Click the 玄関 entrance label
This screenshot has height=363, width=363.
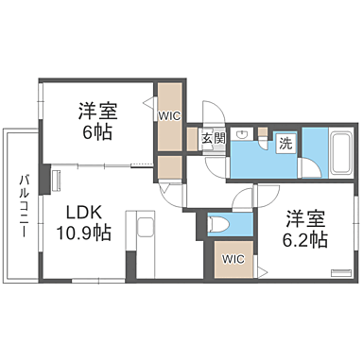[213, 138]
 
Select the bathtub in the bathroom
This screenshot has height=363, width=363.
[341, 150]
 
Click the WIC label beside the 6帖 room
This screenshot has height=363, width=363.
[170, 116]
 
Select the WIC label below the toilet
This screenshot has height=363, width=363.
[233, 258]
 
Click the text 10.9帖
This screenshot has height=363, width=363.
[83, 233]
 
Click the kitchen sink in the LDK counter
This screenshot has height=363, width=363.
[146, 228]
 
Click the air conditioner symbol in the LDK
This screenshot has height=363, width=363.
[56, 179]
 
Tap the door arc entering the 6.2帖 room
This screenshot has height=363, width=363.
[244, 197]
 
